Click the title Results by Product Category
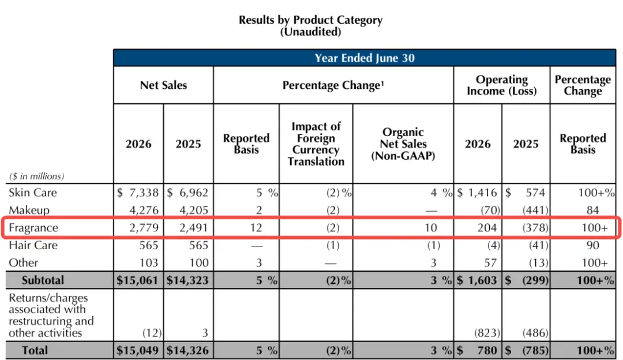tap(310, 20)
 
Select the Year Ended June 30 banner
tap(365, 58)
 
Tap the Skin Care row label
tap(33, 193)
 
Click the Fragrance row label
tap(33, 228)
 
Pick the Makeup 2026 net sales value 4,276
tap(144, 210)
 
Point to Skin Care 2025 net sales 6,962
tap(193, 193)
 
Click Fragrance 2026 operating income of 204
tap(487, 228)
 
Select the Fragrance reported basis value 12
tap(256, 228)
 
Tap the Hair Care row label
tap(33, 245)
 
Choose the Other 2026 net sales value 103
tap(149, 262)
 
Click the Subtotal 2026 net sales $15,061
tap(137, 280)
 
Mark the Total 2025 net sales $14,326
tap(187, 350)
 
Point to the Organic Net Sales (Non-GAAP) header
tap(403, 144)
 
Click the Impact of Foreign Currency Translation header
tap(316, 144)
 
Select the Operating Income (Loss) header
tap(501, 85)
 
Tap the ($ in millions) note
tap(36, 177)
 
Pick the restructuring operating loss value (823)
tap(487, 332)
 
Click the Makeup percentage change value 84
tap(592, 210)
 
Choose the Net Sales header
tap(163, 85)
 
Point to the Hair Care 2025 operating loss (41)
tap(538, 245)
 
